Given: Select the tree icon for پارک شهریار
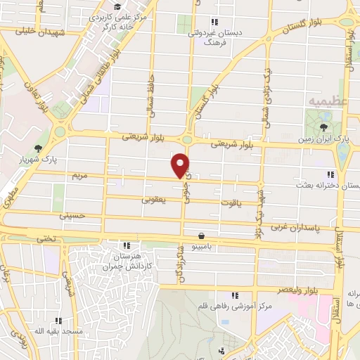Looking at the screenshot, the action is [x=38, y=148].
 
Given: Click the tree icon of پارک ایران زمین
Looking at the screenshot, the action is [x=323, y=127].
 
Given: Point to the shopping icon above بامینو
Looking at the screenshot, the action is [x=202, y=236].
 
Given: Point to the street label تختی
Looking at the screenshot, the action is [x=46, y=238].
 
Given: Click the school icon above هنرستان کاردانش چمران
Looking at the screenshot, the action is [x=126, y=246].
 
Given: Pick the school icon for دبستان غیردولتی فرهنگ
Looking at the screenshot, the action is [x=214, y=21].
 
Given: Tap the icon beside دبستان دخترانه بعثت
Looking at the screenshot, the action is [x=330, y=174].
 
